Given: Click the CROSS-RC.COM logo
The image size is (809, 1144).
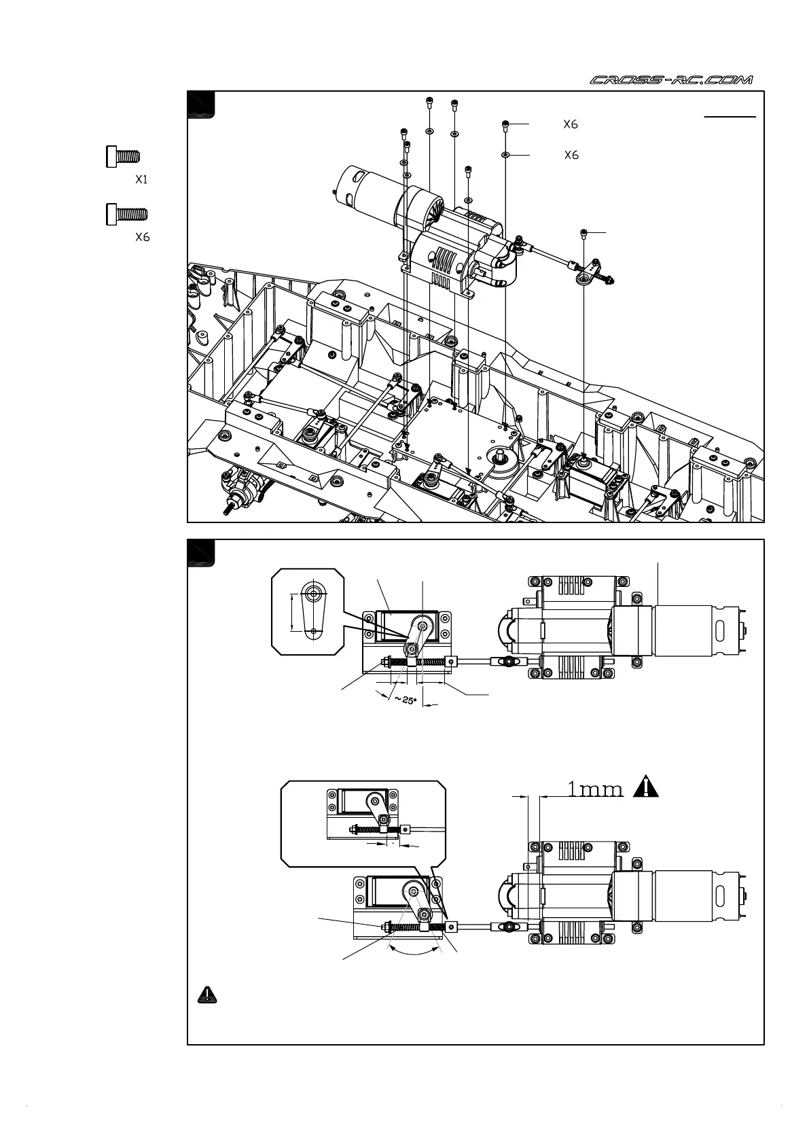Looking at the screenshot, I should (x=671, y=80).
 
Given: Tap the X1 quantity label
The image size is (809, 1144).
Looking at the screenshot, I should (x=141, y=180).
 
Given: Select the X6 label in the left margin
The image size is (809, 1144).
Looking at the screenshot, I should (x=142, y=237).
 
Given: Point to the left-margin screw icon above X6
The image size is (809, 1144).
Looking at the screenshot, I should (x=127, y=214).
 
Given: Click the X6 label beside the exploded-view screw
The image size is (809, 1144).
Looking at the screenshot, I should (x=571, y=124).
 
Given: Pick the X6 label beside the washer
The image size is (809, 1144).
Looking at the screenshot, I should (x=571, y=156).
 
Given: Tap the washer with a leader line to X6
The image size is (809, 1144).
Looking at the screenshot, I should (x=505, y=156).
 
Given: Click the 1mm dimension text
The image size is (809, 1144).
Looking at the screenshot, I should (x=594, y=789).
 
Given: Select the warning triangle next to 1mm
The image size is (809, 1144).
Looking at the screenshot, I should (x=647, y=787).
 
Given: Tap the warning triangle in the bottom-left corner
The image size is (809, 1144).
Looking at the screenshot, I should (x=207, y=995).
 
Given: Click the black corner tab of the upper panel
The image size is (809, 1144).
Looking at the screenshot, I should (x=201, y=105).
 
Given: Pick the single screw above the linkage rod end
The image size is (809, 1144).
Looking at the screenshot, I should (x=584, y=233).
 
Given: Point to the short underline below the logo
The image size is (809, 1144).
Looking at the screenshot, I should (x=730, y=117).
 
